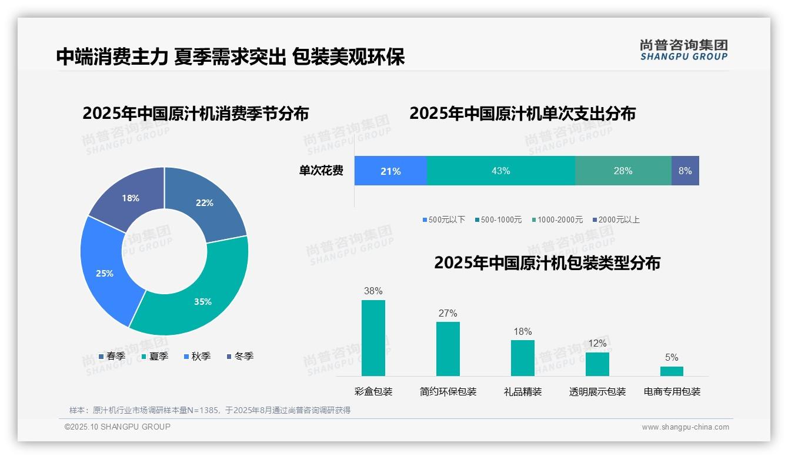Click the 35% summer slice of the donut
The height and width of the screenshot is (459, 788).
(x=200, y=294)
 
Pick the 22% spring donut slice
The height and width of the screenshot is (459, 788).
(x=206, y=200)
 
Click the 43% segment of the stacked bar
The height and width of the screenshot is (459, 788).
(x=500, y=171)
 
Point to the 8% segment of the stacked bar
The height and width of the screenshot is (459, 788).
(x=685, y=171)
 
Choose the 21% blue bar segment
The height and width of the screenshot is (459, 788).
(x=390, y=171)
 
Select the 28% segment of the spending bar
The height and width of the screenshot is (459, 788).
(x=623, y=171)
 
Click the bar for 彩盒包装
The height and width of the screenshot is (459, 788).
(x=373, y=338)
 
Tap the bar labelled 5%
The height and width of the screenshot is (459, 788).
(x=672, y=371)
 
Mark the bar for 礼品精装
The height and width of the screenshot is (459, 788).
(x=523, y=358)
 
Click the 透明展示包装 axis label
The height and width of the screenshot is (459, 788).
(x=597, y=392)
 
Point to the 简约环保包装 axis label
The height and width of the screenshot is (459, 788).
(x=448, y=392)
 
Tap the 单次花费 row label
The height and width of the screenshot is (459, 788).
(x=321, y=171)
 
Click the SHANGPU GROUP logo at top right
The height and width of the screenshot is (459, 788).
(x=684, y=50)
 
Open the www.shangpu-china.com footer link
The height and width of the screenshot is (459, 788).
(x=685, y=427)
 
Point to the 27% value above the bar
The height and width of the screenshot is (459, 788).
(x=448, y=314)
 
